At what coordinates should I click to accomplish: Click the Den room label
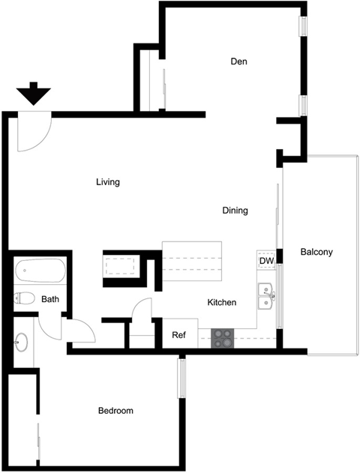(x=239, y=61)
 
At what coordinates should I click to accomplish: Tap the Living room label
(x=109, y=182)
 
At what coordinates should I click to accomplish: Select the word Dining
(x=235, y=211)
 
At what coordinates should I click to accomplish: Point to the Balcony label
(x=316, y=252)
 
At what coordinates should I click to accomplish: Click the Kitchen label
(x=222, y=303)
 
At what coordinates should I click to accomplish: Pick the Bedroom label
(x=116, y=411)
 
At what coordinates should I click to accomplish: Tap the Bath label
(x=50, y=300)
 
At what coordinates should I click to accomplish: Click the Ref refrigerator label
(x=179, y=335)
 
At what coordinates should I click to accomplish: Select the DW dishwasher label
(x=266, y=261)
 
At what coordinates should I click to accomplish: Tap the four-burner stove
(x=223, y=338)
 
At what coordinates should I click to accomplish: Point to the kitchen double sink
(x=265, y=296)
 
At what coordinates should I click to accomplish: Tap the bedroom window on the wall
(x=181, y=379)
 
